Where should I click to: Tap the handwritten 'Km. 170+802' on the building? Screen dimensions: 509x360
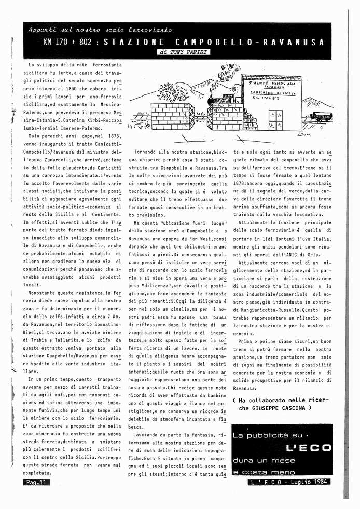(266, 97)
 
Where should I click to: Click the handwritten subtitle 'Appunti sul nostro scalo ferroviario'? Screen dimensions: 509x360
(100, 31)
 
